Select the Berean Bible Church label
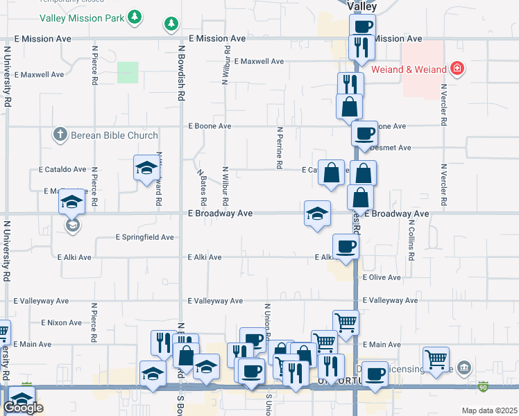tap(114, 135)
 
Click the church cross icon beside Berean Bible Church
tap(60, 135)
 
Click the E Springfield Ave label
tap(144, 237)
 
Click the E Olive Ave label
tap(382, 277)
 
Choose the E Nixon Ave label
tap(62, 322)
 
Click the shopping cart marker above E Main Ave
tap(346, 320)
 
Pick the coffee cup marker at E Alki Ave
tap(346, 246)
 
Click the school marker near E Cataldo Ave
tap(146, 168)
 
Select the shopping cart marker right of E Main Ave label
tap(436, 359)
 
